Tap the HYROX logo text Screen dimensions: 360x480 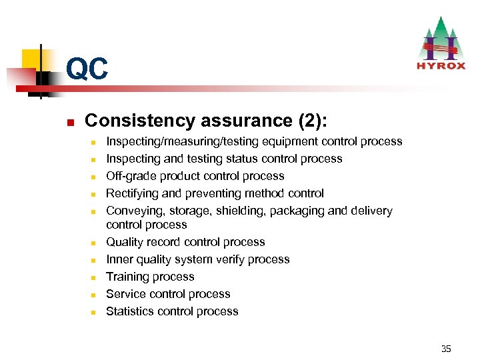pyautogui.click(x=440, y=65)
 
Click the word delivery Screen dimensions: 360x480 pyautogui.click(x=371, y=211)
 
